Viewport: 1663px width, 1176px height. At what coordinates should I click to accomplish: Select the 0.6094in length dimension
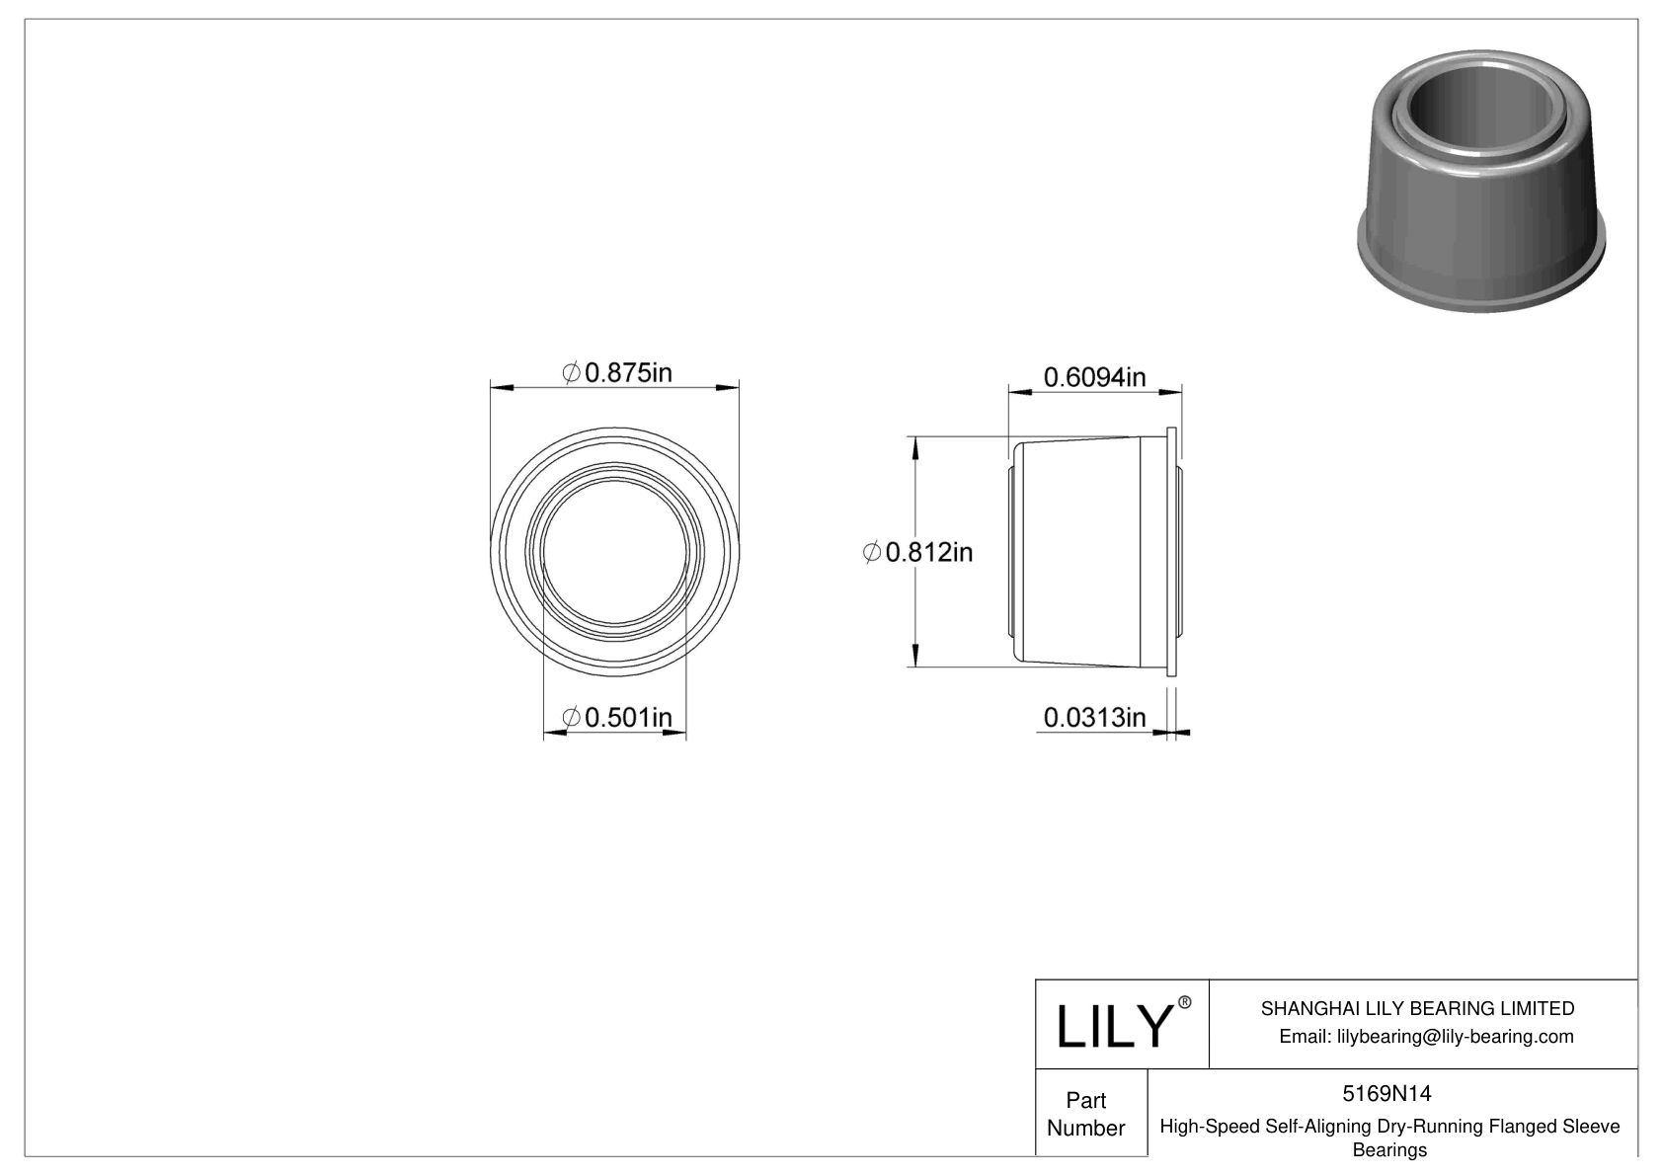[x=1094, y=377]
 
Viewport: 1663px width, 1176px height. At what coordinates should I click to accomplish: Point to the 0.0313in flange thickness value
[x=1094, y=717]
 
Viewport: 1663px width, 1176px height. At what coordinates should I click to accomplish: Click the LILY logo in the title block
[x=1114, y=1026]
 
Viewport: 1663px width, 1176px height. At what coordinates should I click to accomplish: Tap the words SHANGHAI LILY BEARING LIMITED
[x=1417, y=1008]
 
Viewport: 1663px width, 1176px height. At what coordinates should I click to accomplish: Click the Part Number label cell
[x=1086, y=1114]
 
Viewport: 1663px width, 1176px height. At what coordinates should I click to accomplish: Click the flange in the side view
[x=1171, y=552]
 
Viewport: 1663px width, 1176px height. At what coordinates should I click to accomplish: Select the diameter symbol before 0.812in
[x=871, y=553]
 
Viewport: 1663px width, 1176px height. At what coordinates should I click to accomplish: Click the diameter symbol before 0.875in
[x=571, y=373]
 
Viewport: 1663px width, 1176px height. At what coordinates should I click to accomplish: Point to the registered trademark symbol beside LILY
[x=1185, y=1002]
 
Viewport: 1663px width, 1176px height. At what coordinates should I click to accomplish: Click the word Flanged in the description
[x=1525, y=1127]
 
